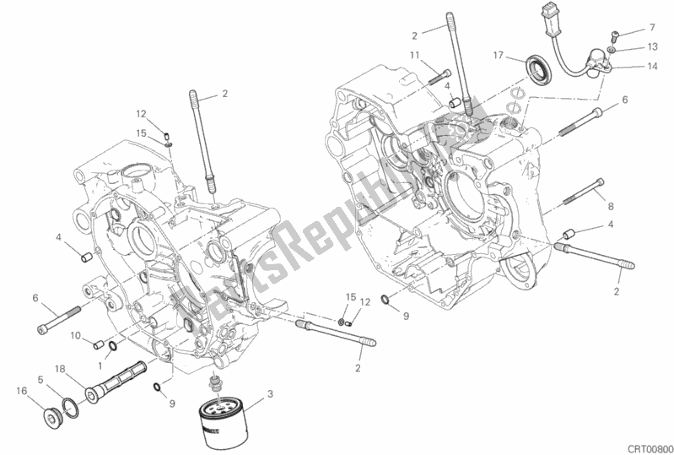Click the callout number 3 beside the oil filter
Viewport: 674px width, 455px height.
270,393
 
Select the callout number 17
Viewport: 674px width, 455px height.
499,56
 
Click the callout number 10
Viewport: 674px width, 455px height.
76,336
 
